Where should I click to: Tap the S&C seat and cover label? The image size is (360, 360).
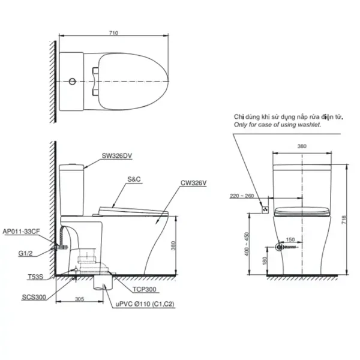134,179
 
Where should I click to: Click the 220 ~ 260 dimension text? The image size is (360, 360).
242,196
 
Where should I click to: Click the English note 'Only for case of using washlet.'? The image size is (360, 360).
277,125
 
